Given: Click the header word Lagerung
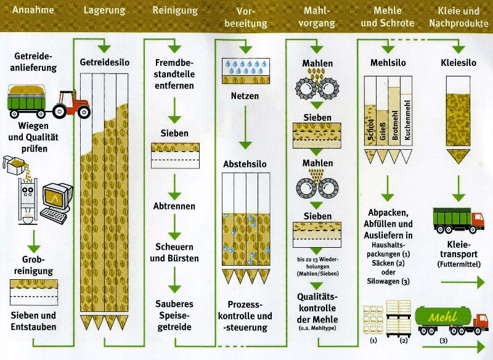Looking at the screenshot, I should pos(104,11).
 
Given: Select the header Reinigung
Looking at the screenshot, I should pos(175,11).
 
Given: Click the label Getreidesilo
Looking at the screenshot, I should pos(104,63).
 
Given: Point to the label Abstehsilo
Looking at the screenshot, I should pos(245,165).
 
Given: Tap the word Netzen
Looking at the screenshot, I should pos(245,96).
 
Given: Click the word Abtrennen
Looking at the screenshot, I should pos(174,207).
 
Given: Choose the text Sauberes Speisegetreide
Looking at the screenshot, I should pos(174,315).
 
